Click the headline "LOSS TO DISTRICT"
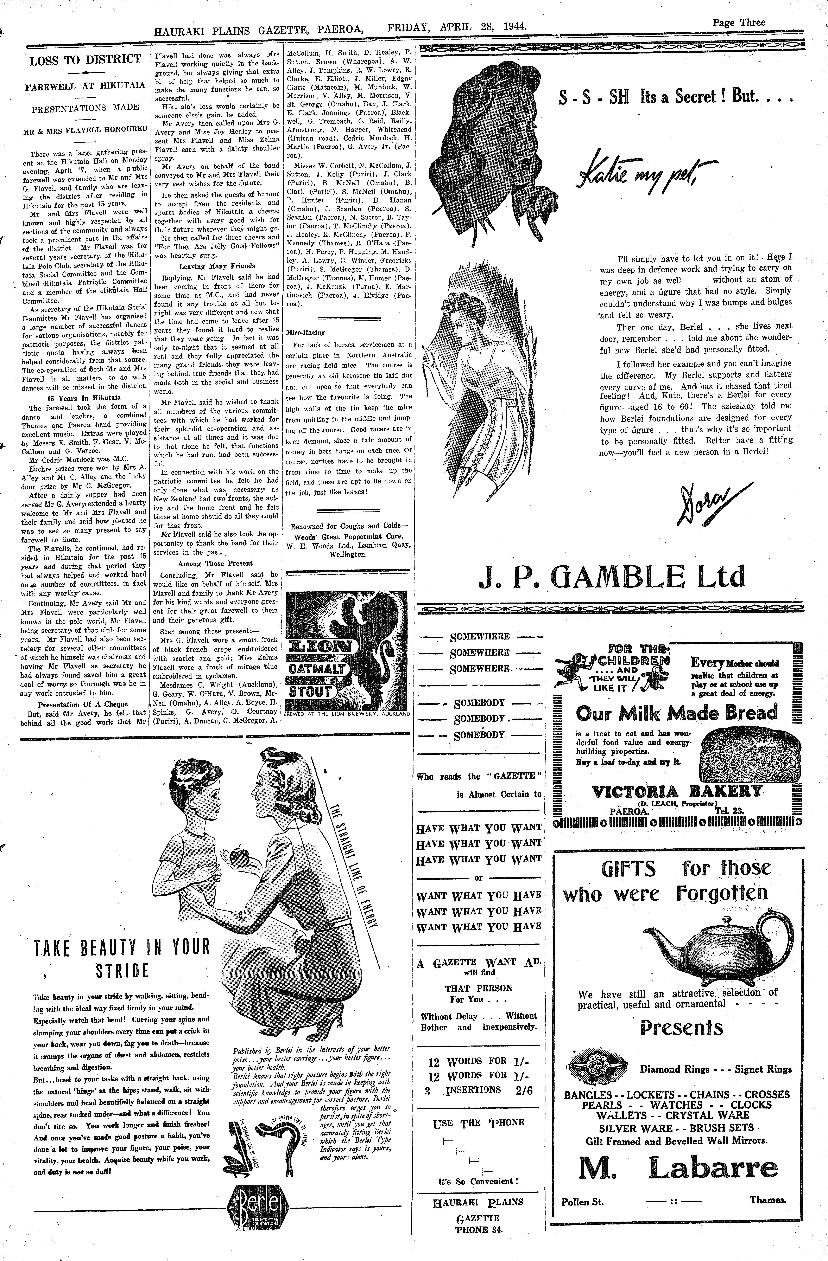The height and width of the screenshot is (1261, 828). point(85,59)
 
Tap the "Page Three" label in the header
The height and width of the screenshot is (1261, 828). point(739,22)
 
